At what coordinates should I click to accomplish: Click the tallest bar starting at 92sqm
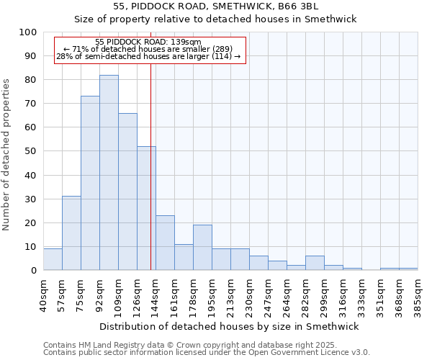109,173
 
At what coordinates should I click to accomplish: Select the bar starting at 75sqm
90,183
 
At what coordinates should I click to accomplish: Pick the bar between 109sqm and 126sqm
127,192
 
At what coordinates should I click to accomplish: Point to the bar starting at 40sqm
53,259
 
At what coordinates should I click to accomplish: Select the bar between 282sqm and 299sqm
315,263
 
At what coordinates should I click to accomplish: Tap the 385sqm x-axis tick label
418,293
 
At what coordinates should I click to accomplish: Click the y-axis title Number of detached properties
6,151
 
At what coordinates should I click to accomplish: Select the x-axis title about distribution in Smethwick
230,326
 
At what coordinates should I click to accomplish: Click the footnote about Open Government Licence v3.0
207,353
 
